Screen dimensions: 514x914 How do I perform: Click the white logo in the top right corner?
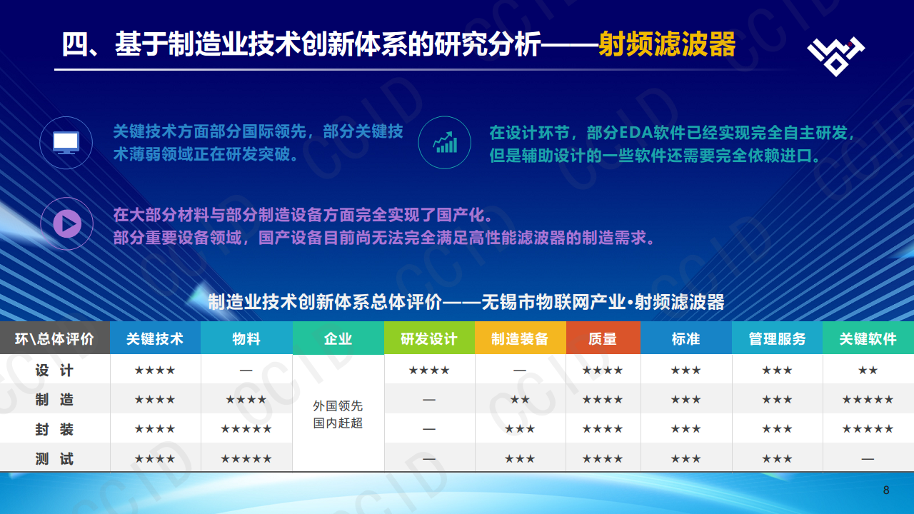point(835,54)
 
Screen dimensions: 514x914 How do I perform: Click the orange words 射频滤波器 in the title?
point(667,44)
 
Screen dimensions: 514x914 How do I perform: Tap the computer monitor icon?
point(66,142)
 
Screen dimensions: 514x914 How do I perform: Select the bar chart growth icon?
point(445,142)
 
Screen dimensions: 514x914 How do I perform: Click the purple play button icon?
point(66,223)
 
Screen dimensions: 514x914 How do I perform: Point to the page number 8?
point(886,490)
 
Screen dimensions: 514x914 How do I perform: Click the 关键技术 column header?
point(155,338)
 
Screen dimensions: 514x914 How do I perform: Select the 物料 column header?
point(246,338)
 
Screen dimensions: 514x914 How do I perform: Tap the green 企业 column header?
point(338,338)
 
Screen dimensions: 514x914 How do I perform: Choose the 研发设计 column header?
point(429,338)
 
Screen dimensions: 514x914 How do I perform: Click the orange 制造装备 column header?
point(520,338)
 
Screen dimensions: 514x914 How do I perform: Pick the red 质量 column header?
point(603,338)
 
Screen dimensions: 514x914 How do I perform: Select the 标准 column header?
point(685,338)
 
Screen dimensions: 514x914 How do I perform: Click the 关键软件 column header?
point(868,338)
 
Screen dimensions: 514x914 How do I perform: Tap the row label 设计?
point(55,371)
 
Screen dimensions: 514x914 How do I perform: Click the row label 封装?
point(55,429)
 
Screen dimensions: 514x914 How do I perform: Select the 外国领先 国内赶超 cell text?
point(338,414)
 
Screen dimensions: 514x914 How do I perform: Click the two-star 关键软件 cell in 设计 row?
point(868,371)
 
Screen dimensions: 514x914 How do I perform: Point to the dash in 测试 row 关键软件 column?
point(868,459)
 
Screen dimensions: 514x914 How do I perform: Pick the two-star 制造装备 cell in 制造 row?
point(520,400)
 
